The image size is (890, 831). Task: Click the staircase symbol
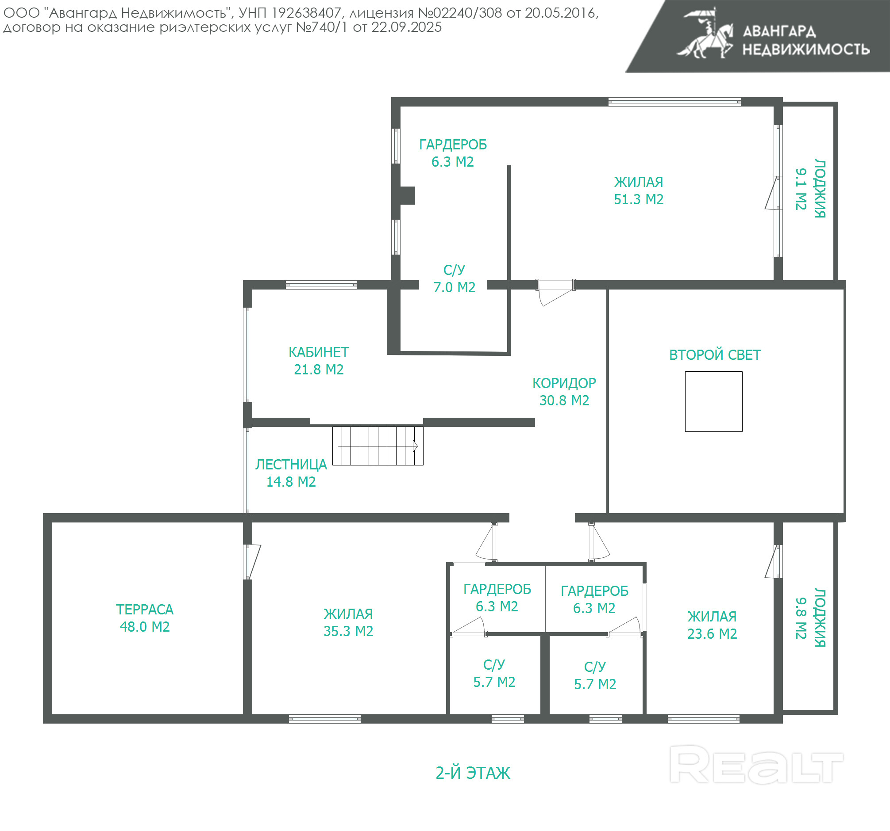click(378, 446)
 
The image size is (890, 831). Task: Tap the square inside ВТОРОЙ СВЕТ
click(713, 401)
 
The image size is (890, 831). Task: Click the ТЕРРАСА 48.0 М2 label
click(145, 618)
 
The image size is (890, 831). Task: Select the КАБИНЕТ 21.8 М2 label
click(319, 361)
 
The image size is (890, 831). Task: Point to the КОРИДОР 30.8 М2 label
click(564, 391)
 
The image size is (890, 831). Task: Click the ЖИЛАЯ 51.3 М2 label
click(638, 191)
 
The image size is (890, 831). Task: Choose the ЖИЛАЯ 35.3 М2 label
click(348, 622)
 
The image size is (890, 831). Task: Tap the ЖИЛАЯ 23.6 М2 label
click(712, 625)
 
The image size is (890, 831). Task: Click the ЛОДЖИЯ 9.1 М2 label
click(810, 189)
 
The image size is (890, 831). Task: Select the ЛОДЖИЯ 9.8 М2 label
click(810, 618)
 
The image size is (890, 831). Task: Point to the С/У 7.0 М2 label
click(454, 278)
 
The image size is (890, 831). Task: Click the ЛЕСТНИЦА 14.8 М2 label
click(291, 473)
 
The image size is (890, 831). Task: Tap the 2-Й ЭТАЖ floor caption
click(473, 773)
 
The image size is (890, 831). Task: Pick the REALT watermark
click(756, 764)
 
